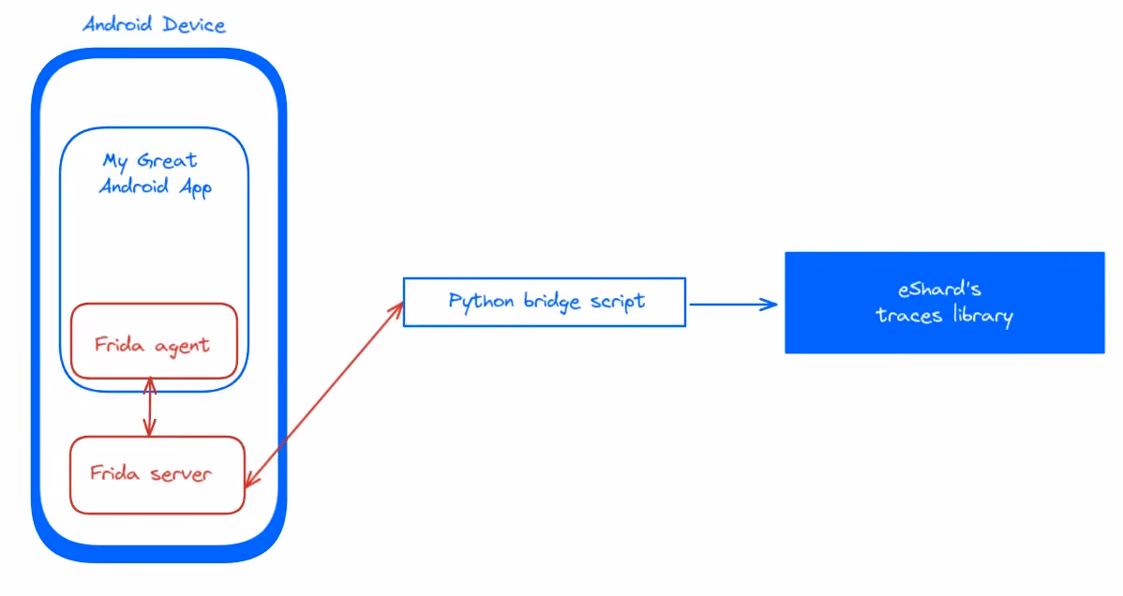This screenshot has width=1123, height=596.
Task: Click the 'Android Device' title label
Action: [x=154, y=24]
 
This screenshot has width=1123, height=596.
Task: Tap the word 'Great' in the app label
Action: [x=166, y=159]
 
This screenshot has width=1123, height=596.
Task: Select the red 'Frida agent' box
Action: [x=154, y=341]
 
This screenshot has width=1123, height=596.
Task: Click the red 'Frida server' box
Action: [x=157, y=475]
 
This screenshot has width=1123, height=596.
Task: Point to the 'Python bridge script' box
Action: [x=545, y=303]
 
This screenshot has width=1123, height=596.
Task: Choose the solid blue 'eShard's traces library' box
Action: [x=945, y=303]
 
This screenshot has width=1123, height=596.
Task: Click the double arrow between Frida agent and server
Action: [x=150, y=407]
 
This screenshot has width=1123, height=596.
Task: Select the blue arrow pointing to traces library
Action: [x=733, y=305]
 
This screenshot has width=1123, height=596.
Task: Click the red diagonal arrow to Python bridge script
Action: [x=324, y=395]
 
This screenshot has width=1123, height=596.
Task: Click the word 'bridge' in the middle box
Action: [x=552, y=302]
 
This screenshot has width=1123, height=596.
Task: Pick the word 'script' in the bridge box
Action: [x=618, y=302]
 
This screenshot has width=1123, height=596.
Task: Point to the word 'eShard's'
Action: [x=939, y=289]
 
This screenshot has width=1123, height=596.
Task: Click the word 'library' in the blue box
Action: [x=982, y=315]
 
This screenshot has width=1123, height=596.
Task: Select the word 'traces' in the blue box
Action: [x=909, y=315]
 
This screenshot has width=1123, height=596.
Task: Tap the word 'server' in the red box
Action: [x=181, y=473]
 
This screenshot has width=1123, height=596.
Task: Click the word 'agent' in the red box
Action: [x=182, y=347]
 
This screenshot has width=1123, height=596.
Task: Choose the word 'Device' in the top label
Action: [x=194, y=24]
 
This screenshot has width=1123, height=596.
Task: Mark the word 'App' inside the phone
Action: [x=196, y=187]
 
